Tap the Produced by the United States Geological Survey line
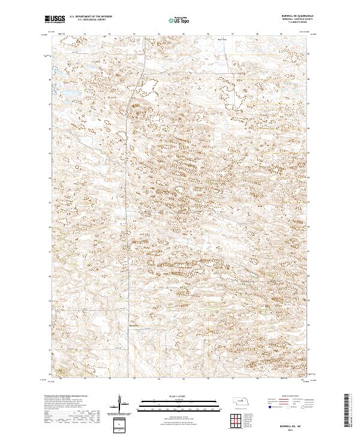(x=66, y=397)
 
